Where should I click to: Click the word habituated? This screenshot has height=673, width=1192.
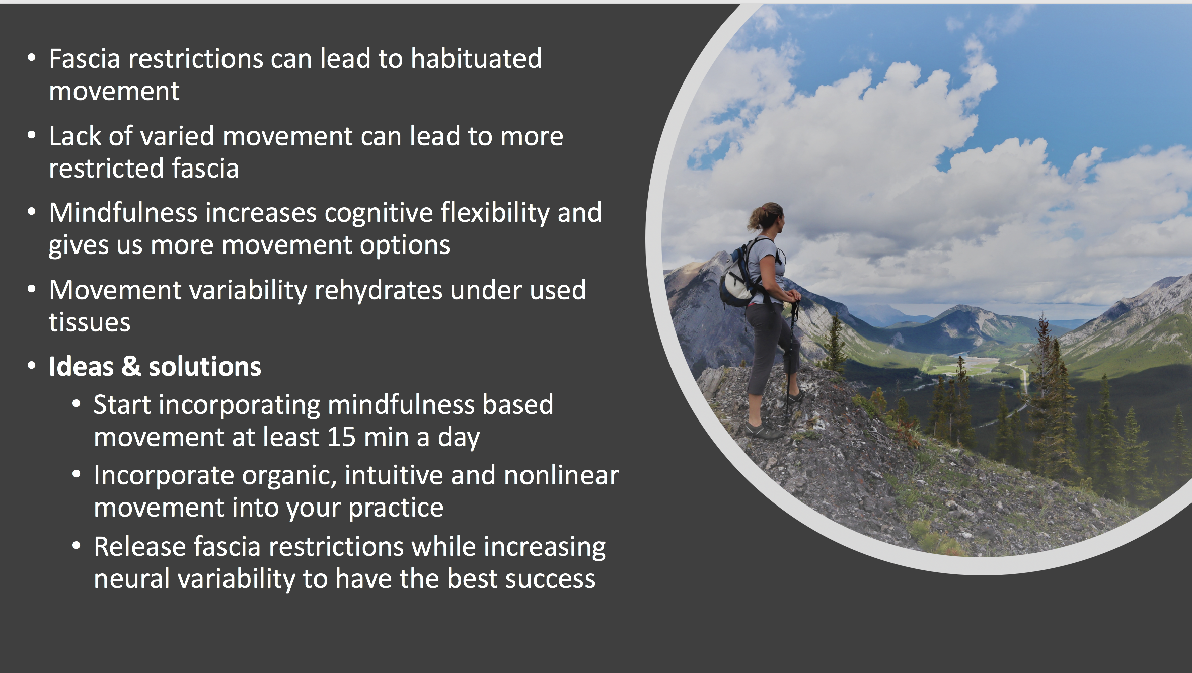[x=476, y=58]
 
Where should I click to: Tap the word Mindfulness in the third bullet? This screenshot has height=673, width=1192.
[x=123, y=212]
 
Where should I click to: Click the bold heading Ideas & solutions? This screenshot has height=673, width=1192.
[x=155, y=366]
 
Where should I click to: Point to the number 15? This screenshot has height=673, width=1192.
[x=341, y=437]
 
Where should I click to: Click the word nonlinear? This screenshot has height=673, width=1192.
[x=561, y=475]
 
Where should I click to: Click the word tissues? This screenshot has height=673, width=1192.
[x=90, y=322]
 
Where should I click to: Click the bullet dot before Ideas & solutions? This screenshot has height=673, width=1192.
[x=32, y=366]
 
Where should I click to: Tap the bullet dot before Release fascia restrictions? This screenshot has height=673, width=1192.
[x=77, y=546]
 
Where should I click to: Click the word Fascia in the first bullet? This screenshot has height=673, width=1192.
[x=85, y=59]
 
